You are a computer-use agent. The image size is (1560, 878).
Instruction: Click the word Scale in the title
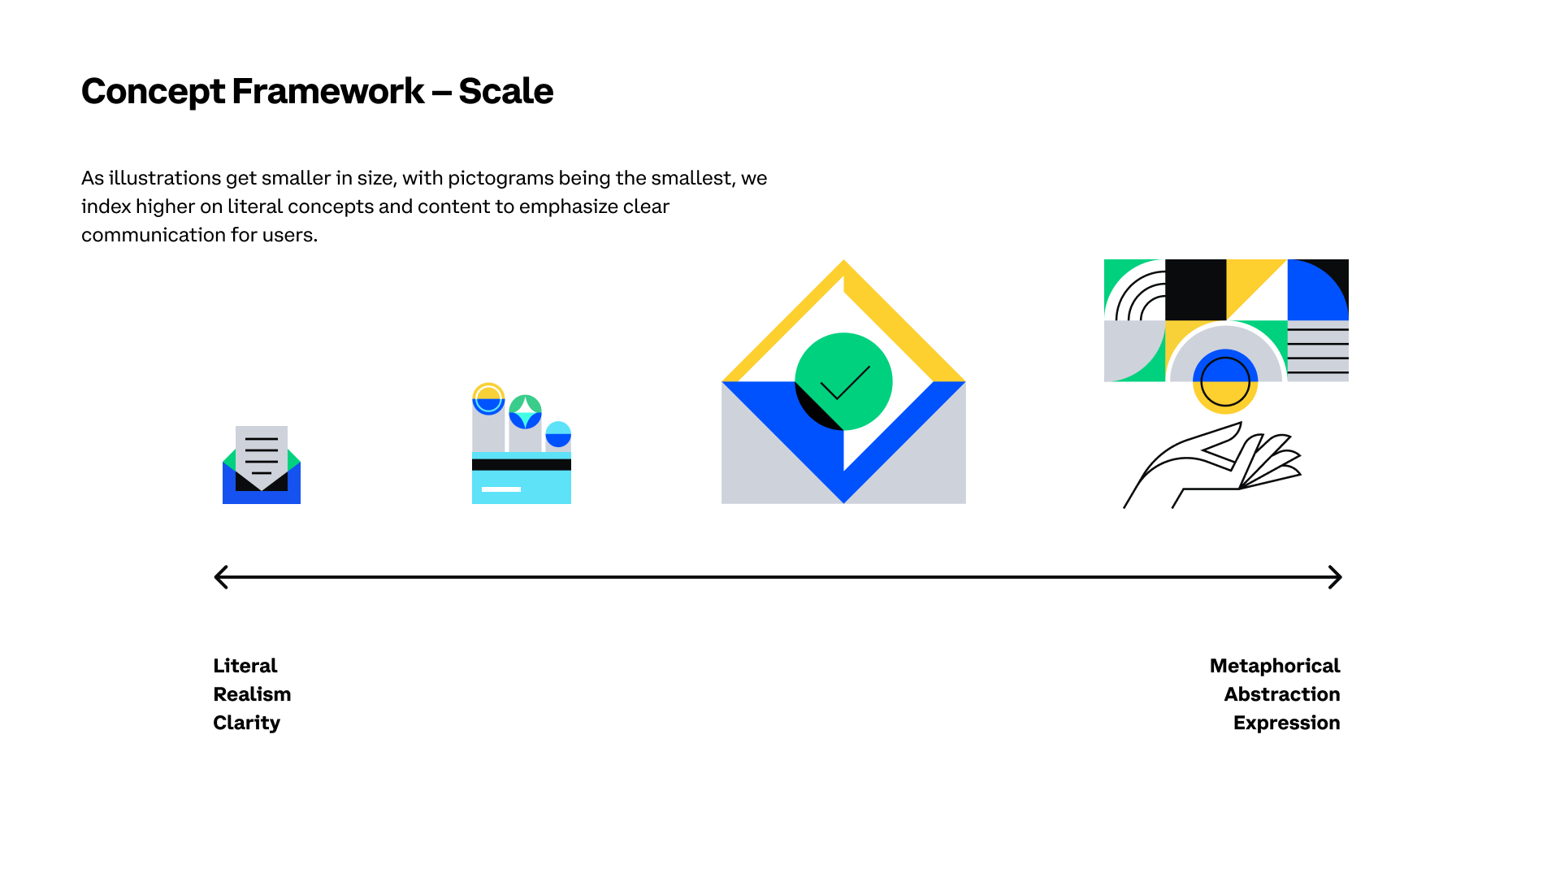pos(505,91)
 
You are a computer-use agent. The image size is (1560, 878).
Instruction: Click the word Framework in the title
pos(327,91)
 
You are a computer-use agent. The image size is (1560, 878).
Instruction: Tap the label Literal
pos(245,666)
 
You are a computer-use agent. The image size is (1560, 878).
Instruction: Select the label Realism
pos(252,694)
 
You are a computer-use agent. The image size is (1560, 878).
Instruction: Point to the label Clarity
pos(246,724)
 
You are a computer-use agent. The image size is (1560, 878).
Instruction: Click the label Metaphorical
pos(1275,667)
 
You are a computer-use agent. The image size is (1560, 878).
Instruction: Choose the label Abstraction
pos(1282,694)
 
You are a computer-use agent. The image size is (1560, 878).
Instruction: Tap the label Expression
pos(1287,724)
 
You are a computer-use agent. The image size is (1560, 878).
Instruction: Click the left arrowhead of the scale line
pos(220,577)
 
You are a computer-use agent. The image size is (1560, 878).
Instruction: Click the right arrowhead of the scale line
pos(1335,577)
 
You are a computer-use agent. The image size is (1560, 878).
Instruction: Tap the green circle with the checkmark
pos(843,381)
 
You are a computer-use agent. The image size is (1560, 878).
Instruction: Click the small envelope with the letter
pos(262,465)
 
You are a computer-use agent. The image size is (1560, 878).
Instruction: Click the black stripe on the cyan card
pos(522,465)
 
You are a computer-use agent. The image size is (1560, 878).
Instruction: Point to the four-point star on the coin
pos(525,411)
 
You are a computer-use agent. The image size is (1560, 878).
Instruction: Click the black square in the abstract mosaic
pos(1195,290)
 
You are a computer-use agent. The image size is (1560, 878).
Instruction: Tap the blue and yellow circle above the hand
pos(1225,381)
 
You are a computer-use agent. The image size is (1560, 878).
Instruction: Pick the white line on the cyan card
pos(501,489)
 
